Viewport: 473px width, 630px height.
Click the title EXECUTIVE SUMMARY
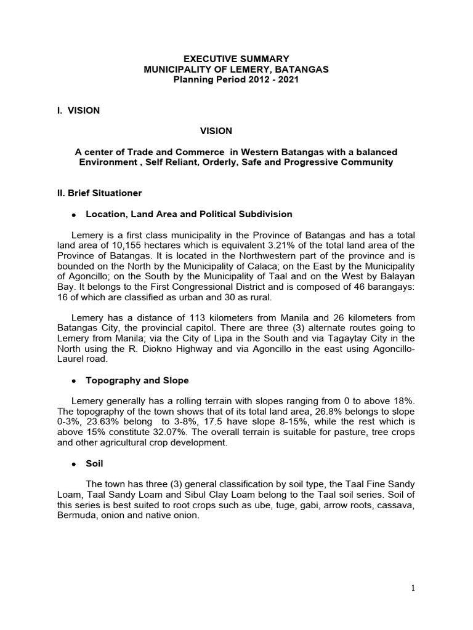(x=236, y=59)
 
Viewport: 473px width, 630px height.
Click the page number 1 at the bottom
(x=413, y=588)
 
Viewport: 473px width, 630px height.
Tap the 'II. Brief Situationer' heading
(x=99, y=193)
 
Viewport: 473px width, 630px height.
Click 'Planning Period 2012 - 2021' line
(x=236, y=80)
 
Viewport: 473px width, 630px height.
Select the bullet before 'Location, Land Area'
(x=73, y=215)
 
